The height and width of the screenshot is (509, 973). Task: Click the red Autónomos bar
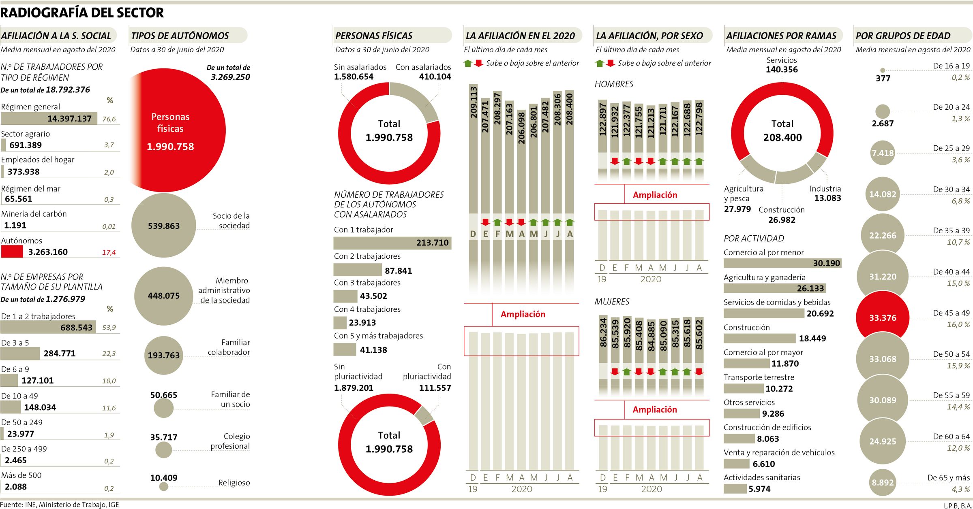[12, 251]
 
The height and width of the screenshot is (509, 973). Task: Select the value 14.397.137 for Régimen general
[69, 119]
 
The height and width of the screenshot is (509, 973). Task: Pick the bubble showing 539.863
[163, 226]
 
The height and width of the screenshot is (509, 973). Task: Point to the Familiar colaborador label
[229, 347]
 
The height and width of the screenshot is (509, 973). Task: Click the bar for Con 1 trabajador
[392, 243]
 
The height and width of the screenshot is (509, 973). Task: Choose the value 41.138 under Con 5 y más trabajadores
[373, 350]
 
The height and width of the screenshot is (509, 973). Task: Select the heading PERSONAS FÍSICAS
[374, 36]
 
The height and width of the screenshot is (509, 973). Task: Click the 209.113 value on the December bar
[473, 102]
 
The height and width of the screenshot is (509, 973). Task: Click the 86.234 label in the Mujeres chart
[603, 333]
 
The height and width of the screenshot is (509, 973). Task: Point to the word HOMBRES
[614, 84]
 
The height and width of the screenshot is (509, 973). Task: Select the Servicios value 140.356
[782, 70]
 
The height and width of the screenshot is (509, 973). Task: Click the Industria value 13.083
[827, 198]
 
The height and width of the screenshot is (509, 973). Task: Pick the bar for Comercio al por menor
[782, 263]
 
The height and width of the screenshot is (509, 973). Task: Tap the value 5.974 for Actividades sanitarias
[759, 489]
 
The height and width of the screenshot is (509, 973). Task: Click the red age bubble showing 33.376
[883, 318]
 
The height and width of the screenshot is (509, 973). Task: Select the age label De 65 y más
[948, 478]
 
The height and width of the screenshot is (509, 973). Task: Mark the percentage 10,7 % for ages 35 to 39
[958, 242]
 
